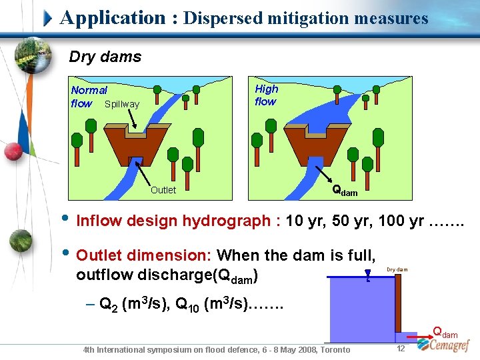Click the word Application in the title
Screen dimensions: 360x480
coord(112,18)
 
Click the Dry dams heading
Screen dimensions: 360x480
coord(105,57)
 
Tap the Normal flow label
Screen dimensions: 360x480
coord(89,97)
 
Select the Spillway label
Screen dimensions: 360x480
coord(122,105)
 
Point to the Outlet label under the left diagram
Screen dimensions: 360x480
coord(163,190)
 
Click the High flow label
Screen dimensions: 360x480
coord(266,95)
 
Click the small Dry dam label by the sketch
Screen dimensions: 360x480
coord(397,270)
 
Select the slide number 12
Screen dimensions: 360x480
coord(401,349)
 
